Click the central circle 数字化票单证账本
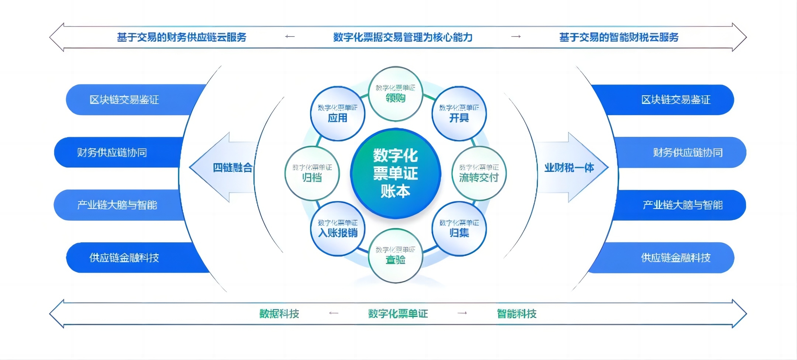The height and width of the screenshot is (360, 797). (395, 173)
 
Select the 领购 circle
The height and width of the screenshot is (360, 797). (395, 94)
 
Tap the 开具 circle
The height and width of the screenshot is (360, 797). (459, 114)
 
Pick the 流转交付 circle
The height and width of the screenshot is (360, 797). (479, 173)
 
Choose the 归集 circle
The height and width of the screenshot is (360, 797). (459, 229)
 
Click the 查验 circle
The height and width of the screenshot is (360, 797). (395, 256)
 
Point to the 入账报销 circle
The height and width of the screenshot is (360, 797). (338, 229)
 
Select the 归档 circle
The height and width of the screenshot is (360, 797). (312, 173)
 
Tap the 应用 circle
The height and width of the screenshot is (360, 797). (338, 114)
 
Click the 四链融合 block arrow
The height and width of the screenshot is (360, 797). (225, 167)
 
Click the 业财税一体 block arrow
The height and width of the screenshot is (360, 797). (570, 167)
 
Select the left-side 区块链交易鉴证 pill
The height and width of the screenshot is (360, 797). (124, 100)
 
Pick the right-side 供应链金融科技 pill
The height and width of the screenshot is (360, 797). (676, 257)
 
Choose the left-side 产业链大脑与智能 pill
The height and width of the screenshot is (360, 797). (117, 205)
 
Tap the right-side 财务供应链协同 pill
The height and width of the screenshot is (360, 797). (687, 152)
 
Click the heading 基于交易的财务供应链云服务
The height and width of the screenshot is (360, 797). (182, 37)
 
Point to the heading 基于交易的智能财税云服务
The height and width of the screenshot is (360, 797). (619, 37)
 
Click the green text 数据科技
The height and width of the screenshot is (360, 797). (279, 314)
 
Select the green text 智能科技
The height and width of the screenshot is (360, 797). (517, 314)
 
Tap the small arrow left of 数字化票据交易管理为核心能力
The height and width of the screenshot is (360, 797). (290, 37)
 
